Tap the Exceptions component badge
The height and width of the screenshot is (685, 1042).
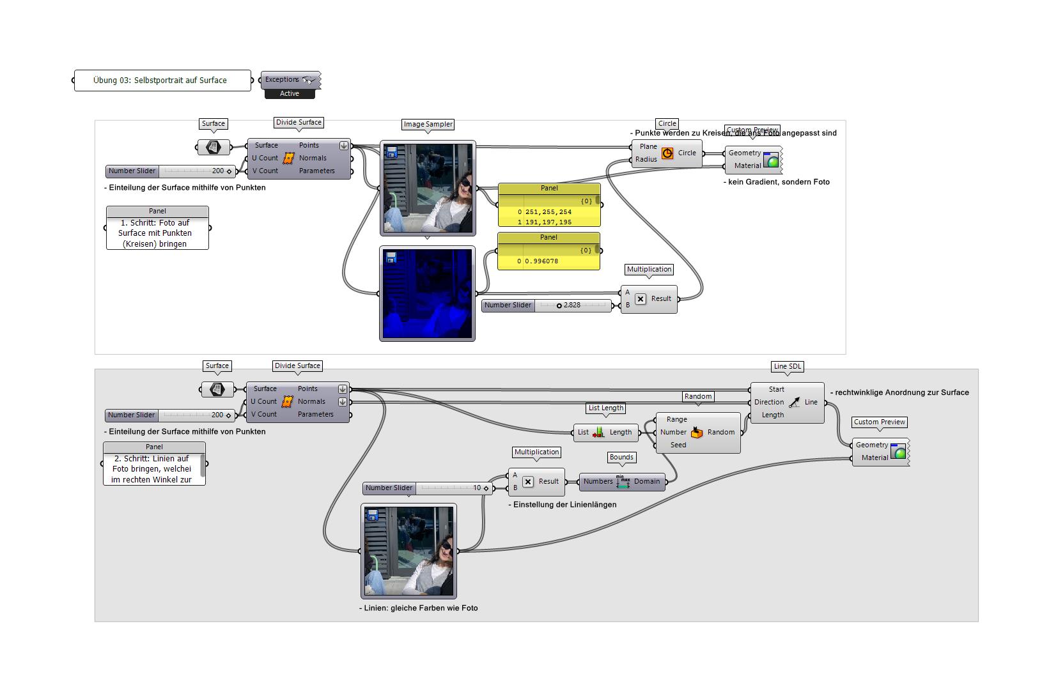290,80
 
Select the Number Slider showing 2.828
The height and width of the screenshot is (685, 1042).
546,305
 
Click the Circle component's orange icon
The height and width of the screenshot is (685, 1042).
667,153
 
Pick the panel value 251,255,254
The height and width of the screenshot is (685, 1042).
548,212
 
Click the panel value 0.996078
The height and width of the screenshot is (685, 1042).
541,261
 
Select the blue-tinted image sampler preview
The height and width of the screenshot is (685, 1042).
427,294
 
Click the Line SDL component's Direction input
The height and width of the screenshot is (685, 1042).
768,402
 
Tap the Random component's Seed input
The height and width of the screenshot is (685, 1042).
678,445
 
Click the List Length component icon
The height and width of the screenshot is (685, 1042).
598,433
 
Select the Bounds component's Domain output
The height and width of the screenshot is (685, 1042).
646,482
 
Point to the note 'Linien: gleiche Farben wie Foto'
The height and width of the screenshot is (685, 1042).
419,608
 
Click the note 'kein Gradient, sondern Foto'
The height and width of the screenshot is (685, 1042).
777,182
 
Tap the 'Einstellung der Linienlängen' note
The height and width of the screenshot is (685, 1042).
563,505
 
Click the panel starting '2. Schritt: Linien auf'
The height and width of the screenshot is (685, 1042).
152,469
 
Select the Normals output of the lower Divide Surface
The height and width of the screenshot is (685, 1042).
311,402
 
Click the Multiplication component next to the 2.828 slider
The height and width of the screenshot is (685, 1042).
648,299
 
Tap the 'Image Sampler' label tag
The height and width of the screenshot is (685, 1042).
428,124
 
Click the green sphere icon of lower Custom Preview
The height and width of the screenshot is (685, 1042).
899,452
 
